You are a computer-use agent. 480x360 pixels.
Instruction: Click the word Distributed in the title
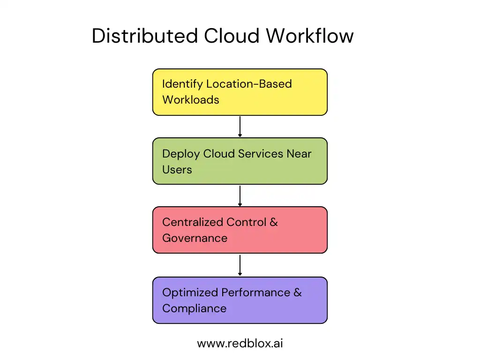point(144,36)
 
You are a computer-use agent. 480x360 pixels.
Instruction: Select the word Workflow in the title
point(310,36)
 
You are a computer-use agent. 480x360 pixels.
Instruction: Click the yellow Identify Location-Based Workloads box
point(240,92)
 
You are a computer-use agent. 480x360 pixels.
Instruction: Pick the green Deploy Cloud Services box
point(240,161)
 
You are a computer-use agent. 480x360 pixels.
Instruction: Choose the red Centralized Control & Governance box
point(240,230)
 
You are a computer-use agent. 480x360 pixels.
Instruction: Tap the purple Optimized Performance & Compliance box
point(240,300)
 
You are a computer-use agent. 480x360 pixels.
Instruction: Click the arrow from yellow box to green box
point(240,126)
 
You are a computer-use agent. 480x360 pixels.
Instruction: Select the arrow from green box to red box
point(240,195)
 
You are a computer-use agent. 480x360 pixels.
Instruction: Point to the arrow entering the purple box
point(240,265)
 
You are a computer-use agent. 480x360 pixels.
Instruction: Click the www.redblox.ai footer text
point(240,343)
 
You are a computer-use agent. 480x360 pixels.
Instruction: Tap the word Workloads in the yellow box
point(190,99)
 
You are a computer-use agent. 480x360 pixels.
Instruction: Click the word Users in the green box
point(177,169)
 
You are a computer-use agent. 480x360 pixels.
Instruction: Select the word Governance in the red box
point(195,238)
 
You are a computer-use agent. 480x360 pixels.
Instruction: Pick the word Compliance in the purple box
point(194,308)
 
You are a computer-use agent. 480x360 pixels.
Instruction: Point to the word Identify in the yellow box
point(182,84)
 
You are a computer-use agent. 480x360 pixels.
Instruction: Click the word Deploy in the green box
point(181,154)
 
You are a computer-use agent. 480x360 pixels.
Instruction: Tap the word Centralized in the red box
point(193,222)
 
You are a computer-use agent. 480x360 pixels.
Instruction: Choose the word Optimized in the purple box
point(190,292)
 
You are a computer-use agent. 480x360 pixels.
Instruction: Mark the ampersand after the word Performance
point(298,292)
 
